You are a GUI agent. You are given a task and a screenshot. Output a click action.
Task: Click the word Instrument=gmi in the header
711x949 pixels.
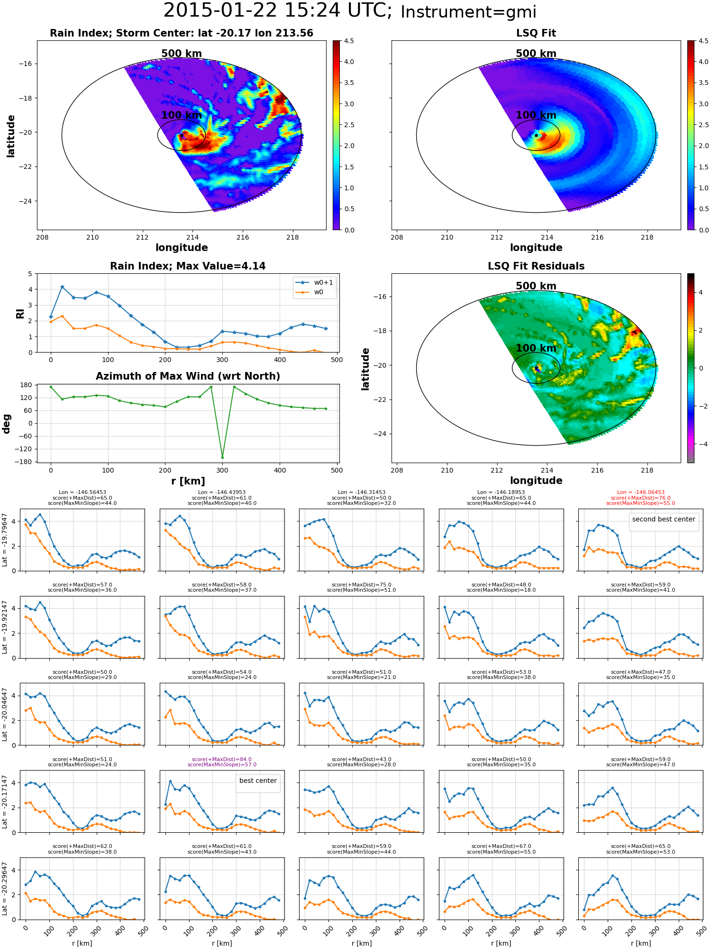pyautogui.click(x=468, y=12)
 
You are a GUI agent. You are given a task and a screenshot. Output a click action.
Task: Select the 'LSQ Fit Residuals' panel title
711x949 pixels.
pyautogui.click(x=536, y=266)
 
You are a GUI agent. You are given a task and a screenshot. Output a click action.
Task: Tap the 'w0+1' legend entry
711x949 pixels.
pyautogui.click(x=314, y=282)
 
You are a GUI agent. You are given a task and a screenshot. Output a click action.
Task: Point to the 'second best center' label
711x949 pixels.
pyautogui.click(x=664, y=519)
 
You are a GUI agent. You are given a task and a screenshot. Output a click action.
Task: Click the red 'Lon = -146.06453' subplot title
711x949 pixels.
pyautogui.click(x=640, y=492)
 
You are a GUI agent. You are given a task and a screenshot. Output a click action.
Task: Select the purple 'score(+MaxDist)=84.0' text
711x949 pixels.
pyautogui.click(x=222, y=759)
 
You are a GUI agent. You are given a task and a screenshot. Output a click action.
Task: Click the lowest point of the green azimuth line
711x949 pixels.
pyautogui.click(x=222, y=457)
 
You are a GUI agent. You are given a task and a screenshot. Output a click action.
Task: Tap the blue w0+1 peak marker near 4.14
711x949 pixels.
pyautogui.click(x=62, y=287)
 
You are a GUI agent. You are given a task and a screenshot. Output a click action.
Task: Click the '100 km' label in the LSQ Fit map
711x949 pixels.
pyautogui.click(x=536, y=115)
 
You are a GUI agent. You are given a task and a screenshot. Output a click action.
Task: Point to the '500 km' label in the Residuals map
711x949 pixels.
pyautogui.click(x=536, y=286)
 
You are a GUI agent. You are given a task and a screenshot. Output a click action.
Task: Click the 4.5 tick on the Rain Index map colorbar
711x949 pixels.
pyautogui.click(x=349, y=41)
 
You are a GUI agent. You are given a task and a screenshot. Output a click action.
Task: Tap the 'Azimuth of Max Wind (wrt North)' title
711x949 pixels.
pyautogui.click(x=188, y=376)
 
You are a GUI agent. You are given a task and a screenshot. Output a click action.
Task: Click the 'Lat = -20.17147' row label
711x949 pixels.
pyautogui.click(x=5, y=801)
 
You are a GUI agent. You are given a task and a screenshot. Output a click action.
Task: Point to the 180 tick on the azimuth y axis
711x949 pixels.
pyautogui.click(x=27, y=385)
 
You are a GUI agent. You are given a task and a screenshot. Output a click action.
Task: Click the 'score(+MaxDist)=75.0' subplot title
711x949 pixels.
pyautogui.click(x=361, y=585)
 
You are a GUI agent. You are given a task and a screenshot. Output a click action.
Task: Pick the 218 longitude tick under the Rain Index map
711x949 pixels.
pyautogui.click(x=292, y=237)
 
